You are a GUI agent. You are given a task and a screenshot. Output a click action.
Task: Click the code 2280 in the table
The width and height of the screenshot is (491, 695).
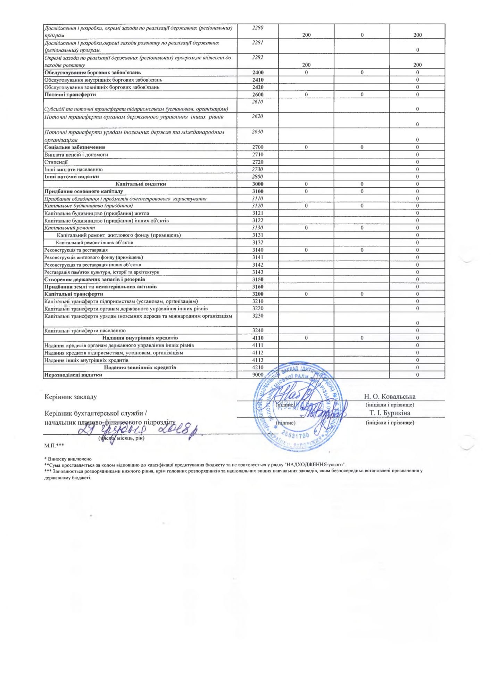(258, 28)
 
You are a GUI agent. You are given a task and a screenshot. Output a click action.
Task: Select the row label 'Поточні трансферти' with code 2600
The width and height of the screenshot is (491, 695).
(70, 95)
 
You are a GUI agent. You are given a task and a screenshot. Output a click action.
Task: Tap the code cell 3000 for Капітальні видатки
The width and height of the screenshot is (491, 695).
(258, 184)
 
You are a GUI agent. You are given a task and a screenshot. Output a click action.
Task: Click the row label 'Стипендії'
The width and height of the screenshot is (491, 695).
(56, 162)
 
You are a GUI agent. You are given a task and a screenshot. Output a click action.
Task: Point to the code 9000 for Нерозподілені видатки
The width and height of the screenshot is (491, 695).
(258, 375)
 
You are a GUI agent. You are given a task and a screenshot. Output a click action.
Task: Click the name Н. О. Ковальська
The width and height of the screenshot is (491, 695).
(390, 396)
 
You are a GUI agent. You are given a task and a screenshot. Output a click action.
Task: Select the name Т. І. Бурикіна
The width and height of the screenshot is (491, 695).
(390, 413)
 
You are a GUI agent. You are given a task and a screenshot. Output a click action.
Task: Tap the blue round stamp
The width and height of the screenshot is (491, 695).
(299, 407)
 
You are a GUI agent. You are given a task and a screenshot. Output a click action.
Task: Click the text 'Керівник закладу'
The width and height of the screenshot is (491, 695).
(70, 397)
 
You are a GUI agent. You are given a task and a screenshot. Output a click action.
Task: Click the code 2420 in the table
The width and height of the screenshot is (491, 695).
(258, 87)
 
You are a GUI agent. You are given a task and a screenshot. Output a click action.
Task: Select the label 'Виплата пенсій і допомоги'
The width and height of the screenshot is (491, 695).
(76, 155)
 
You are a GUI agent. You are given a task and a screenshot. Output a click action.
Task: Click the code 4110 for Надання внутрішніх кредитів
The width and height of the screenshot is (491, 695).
(258, 338)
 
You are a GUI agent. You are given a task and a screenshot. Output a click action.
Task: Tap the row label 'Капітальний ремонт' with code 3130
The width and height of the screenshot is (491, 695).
(69, 228)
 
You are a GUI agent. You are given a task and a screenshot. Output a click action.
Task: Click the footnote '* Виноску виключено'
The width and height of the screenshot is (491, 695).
(68, 459)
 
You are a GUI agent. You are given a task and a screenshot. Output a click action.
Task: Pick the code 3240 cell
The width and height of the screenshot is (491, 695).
(258, 330)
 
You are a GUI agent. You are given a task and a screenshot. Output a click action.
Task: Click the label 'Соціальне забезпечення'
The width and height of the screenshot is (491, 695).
(75, 147)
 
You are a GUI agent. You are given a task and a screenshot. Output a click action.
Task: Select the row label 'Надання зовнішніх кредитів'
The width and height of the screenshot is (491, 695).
(140, 367)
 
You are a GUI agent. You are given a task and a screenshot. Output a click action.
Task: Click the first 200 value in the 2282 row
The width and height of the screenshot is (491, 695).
(306, 65)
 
